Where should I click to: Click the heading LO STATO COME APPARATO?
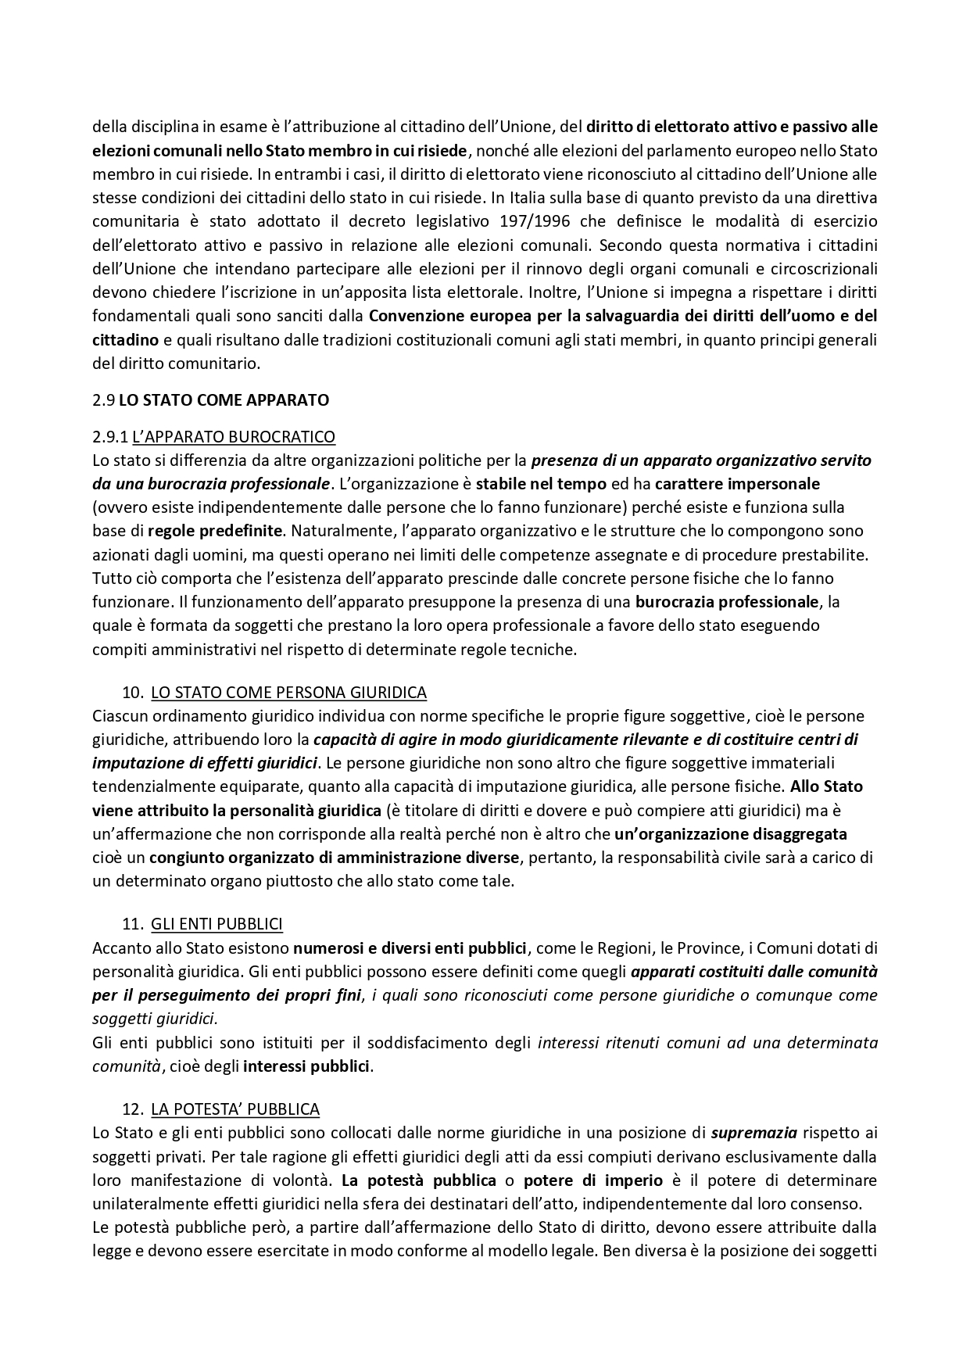[224, 400]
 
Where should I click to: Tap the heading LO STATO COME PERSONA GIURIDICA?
[288, 692]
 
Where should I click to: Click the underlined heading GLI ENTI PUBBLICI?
[217, 924]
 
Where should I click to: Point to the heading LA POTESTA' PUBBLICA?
[234, 1109]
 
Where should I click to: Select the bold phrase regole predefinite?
[214, 531]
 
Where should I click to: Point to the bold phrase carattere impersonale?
[737, 484]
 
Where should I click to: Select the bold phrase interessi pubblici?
[306, 1066]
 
